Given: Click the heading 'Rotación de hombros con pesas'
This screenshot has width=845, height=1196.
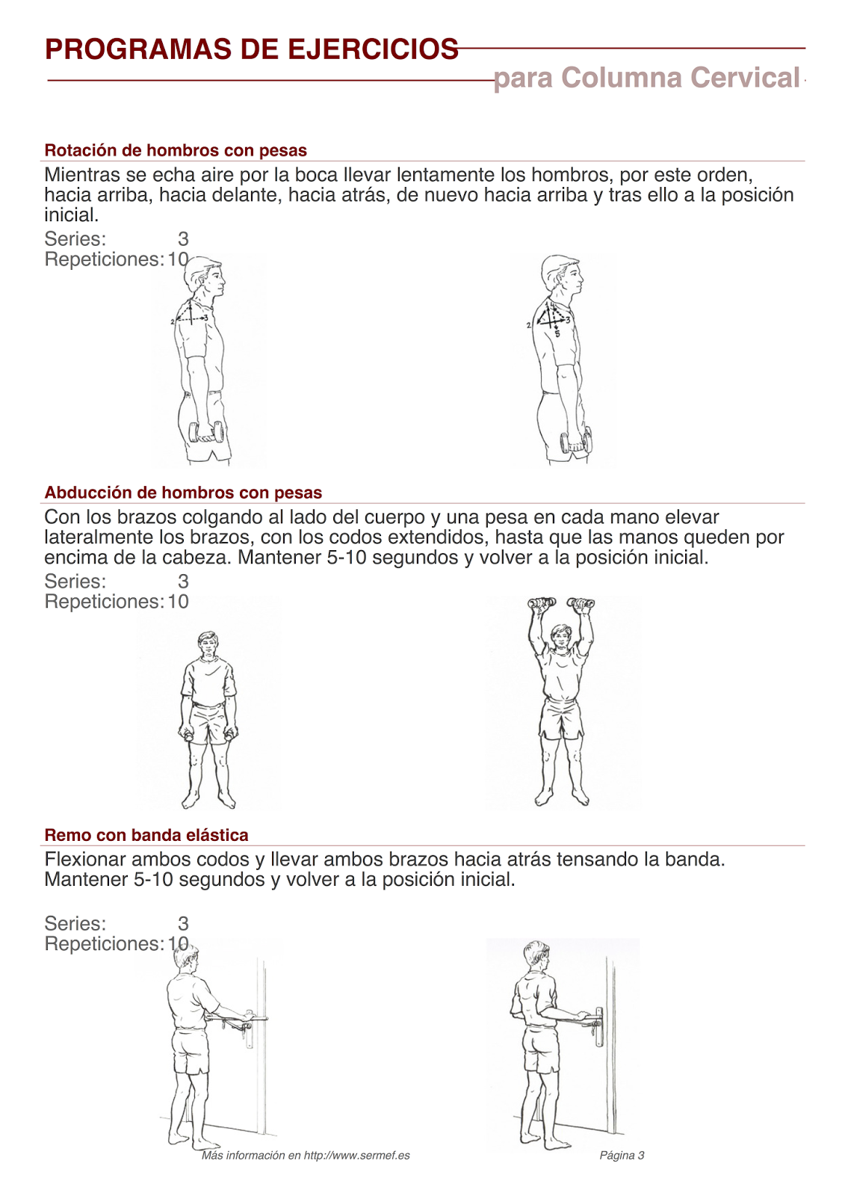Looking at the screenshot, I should point(176,150).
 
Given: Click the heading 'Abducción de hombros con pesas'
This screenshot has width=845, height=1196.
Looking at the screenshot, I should point(183,493).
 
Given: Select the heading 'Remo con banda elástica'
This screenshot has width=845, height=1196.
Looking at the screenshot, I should point(146,835).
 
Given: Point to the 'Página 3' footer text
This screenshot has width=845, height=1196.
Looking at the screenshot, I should point(622,1156).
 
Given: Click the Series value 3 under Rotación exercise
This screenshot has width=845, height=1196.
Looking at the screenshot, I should point(183,239).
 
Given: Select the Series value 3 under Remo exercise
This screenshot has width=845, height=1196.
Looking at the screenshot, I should point(183,924).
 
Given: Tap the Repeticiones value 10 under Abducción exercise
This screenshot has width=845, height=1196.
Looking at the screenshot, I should point(178,602).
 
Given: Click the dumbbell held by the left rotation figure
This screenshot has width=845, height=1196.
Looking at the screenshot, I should point(206,433).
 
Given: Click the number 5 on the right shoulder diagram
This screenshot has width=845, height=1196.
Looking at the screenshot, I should point(557,334).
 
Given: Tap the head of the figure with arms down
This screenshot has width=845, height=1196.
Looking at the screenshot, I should point(208,644).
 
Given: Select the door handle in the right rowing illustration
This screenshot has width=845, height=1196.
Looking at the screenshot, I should point(598,1024).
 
